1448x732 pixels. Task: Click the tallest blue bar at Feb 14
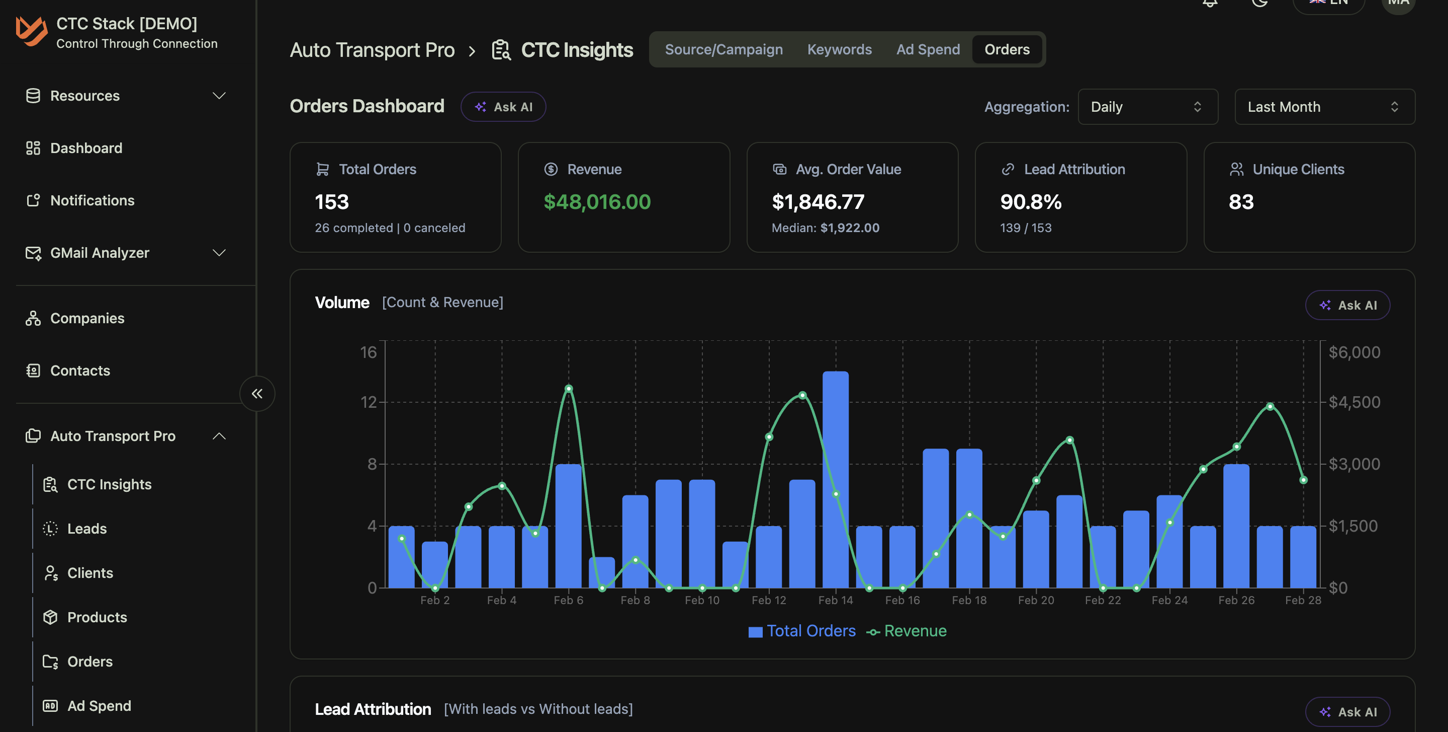point(835,478)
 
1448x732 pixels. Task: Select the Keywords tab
point(839,49)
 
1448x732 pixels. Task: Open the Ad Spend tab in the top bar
point(928,49)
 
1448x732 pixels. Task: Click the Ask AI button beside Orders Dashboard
point(503,107)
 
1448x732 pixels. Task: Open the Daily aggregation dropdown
point(1147,107)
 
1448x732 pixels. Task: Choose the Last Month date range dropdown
point(1324,107)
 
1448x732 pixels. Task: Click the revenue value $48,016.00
point(597,202)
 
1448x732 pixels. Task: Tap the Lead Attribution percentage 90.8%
point(1030,202)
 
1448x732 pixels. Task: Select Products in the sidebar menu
point(97,617)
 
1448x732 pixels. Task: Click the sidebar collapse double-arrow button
point(257,393)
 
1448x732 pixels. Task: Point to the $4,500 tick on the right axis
point(1353,402)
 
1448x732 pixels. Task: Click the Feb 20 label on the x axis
point(1035,600)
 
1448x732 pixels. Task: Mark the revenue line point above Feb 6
point(568,389)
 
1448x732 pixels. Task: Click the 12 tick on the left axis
point(368,402)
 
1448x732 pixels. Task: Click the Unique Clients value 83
point(1240,202)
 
